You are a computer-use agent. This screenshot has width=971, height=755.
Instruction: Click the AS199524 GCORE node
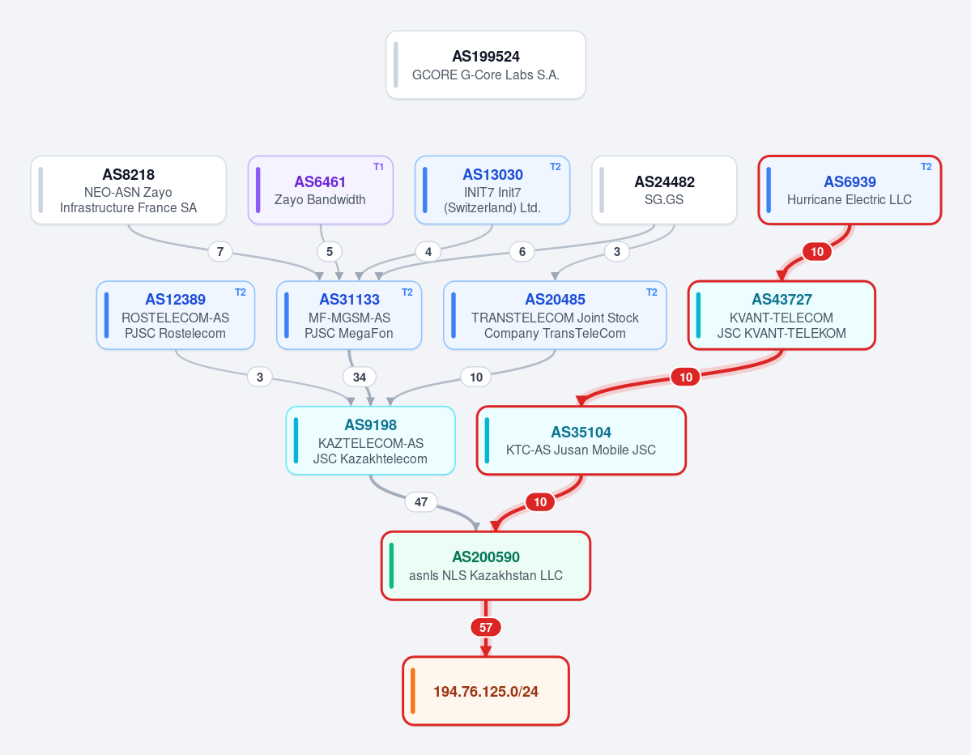point(486,65)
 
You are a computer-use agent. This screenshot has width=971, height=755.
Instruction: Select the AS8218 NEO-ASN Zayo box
point(128,190)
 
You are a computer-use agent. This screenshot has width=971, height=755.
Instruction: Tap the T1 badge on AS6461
point(378,167)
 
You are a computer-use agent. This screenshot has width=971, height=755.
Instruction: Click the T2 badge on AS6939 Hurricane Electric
point(926,167)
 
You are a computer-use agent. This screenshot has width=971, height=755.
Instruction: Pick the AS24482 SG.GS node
point(664,190)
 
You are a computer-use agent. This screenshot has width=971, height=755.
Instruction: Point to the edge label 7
point(219,251)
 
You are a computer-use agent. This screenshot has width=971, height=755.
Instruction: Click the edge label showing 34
point(360,377)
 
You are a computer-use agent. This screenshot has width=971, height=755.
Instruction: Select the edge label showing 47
point(421,501)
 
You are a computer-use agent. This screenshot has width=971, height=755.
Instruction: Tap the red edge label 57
point(486,628)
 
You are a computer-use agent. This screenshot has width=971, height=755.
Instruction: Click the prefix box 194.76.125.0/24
point(486,690)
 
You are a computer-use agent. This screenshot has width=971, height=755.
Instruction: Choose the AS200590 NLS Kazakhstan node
point(486,565)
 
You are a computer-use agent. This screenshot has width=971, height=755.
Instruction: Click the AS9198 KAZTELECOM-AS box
point(370,441)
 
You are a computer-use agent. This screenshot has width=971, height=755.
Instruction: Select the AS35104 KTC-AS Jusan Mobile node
point(581,441)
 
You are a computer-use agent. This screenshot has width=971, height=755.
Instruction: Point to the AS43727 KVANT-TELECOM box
point(781,315)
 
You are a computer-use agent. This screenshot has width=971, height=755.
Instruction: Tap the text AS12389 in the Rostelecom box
point(175,300)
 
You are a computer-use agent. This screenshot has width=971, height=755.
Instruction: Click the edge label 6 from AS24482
point(522,251)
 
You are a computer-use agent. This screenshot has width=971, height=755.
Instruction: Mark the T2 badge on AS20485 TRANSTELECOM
point(651,292)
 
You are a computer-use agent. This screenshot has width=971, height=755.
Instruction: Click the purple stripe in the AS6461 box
point(258,190)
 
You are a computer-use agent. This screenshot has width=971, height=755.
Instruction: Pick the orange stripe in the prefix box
point(412,690)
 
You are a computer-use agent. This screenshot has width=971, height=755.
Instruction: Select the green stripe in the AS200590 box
point(391,565)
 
